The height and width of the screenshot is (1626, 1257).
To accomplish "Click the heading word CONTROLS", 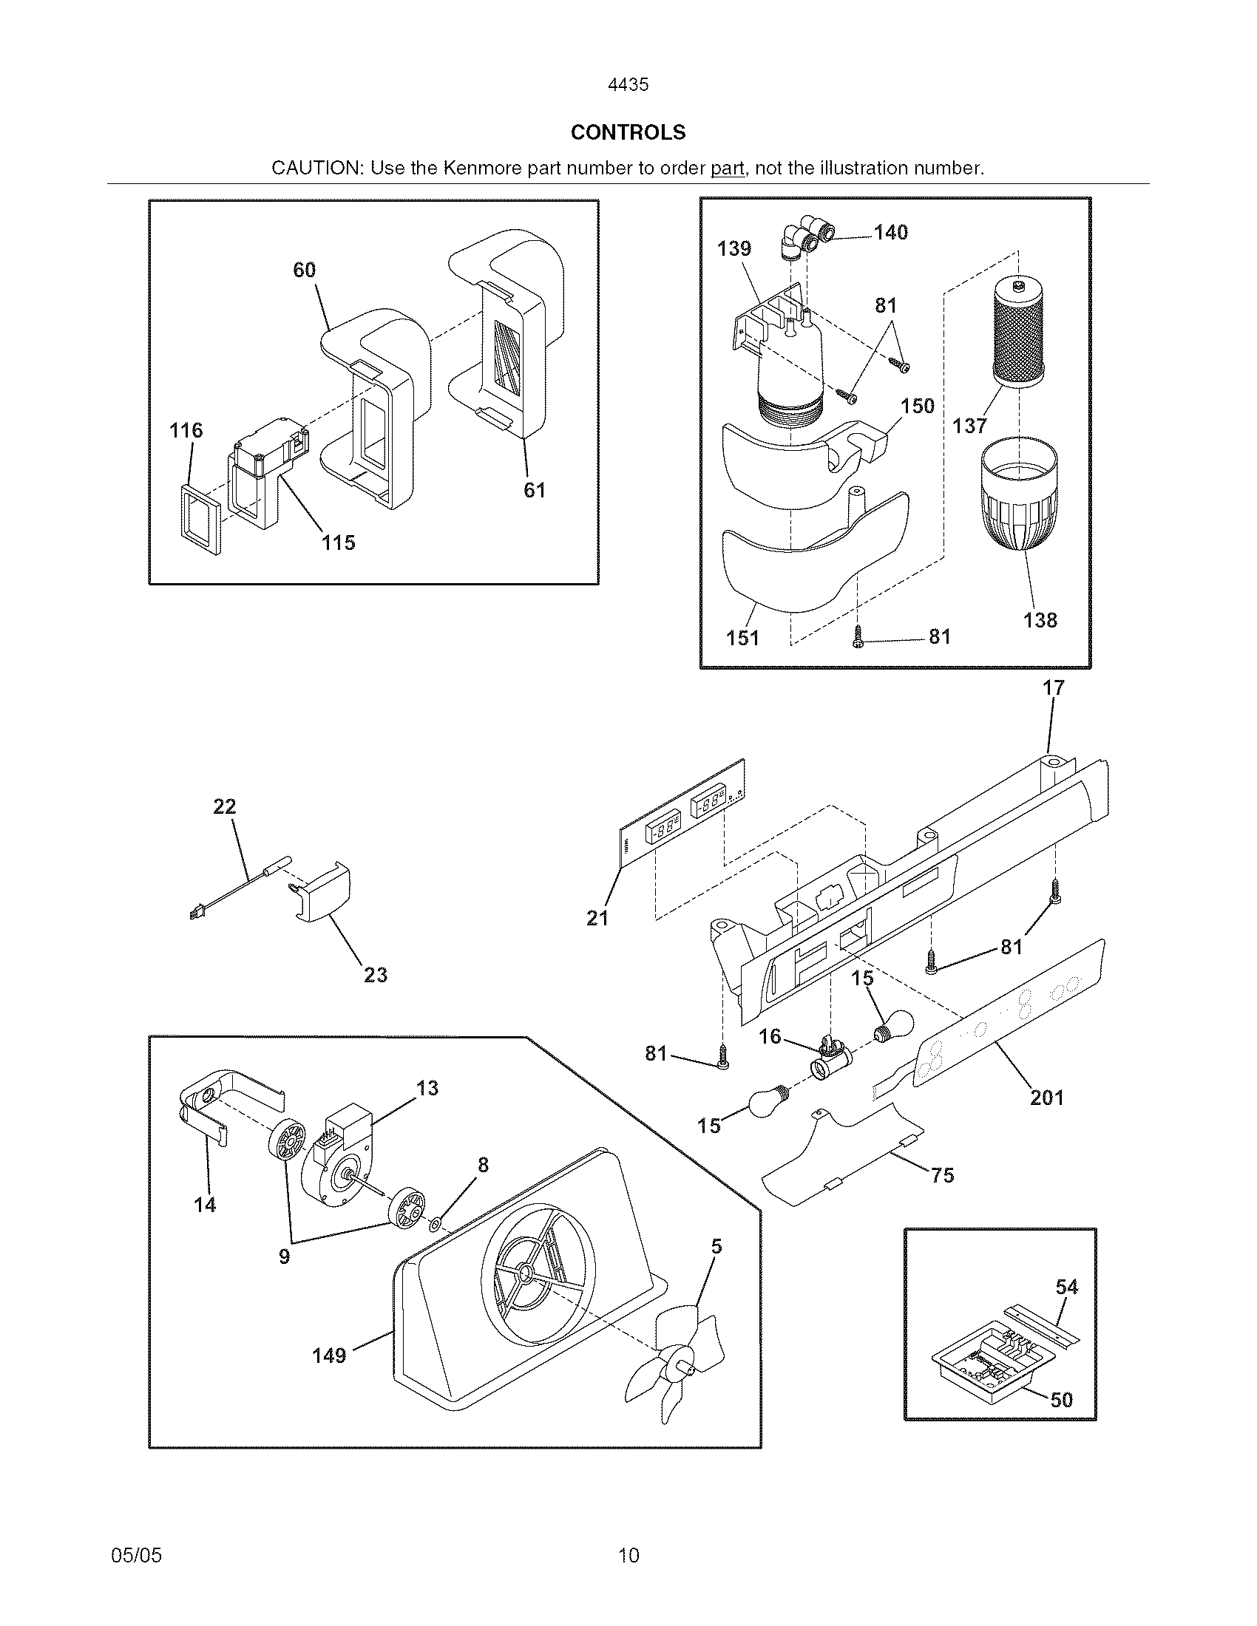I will pos(628,132).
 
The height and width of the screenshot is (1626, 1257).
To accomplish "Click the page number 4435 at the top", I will pos(628,85).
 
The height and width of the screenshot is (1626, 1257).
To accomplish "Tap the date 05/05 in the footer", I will pos(136,1555).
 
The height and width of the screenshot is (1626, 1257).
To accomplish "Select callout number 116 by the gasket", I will pos(186,430).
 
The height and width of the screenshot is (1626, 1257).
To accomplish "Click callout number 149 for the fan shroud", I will pos(329,1355).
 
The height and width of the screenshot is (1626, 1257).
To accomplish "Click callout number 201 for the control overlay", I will pos(1046,1098).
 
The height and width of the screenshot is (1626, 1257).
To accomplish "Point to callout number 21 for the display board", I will pos(597,919).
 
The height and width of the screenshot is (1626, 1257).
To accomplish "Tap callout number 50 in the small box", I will pos(1061,1400).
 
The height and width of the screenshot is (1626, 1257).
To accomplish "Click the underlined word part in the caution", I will pos(727,169).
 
